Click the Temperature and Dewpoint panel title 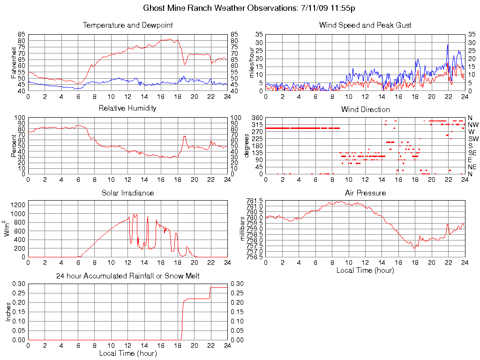pyautogui.click(x=127, y=25)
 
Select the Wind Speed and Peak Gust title pyautogui.click(x=365, y=25)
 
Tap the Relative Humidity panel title pyautogui.click(x=127, y=108)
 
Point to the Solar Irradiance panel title pyautogui.click(x=127, y=193)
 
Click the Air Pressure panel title pyautogui.click(x=365, y=193)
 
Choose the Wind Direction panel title pyautogui.click(x=365, y=109)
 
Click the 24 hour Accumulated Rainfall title pyautogui.click(x=127, y=276)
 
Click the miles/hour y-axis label pyautogui.click(x=252, y=62)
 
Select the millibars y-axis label pyautogui.click(x=242, y=228)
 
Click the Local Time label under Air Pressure pyautogui.click(x=365, y=270)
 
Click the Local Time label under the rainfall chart pyautogui.click(x=127, y=353)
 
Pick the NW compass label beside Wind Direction pyautogui.click(x=473, y=125)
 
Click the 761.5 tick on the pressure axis pyautogui.click(x=255, y=201)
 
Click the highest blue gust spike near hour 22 pyautogui.click(x=448, y=45)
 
